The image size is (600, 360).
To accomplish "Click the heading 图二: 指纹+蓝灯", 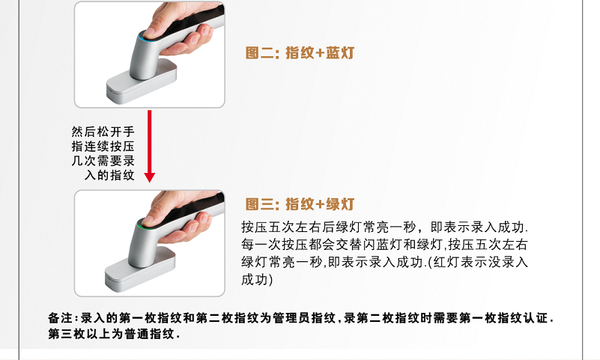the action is click(300, 52).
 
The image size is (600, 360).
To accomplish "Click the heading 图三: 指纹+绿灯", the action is click(300, 204).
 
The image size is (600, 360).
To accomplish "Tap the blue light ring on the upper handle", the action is click(145, 38).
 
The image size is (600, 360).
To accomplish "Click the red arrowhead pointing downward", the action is click(150, 177).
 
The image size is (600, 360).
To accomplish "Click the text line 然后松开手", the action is click(103, 132).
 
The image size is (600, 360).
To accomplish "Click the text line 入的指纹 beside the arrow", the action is click(109, 175).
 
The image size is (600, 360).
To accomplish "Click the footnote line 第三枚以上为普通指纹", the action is click(114, 334).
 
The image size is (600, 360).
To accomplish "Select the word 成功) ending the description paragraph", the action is click(257, 280).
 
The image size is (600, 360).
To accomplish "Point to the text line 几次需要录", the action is click(103, 161).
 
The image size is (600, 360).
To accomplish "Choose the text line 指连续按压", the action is click(103, 147).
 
